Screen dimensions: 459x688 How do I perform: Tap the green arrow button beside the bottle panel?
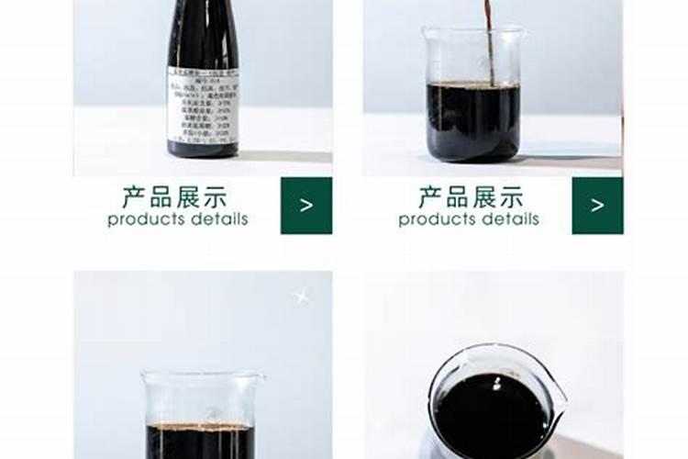[306, 206]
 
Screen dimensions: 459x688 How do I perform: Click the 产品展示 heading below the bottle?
[173, 197]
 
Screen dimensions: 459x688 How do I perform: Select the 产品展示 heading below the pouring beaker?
[471, 197]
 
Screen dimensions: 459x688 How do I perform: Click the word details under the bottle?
[218, 220]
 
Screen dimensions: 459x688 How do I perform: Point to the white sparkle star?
[299, 296]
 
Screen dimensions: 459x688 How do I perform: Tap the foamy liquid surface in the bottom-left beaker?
[201, 427]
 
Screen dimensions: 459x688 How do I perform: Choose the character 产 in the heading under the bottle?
[134, 197]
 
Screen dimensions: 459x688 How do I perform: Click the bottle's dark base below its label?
[204, 150]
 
